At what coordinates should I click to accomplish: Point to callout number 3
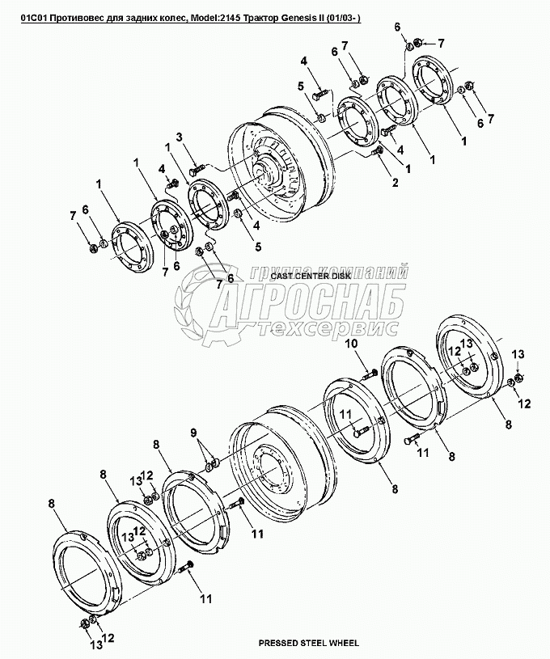pyautogui.click(x=179, y=137)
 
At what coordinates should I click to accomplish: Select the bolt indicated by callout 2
pyautogui.click(x=376, y=151)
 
